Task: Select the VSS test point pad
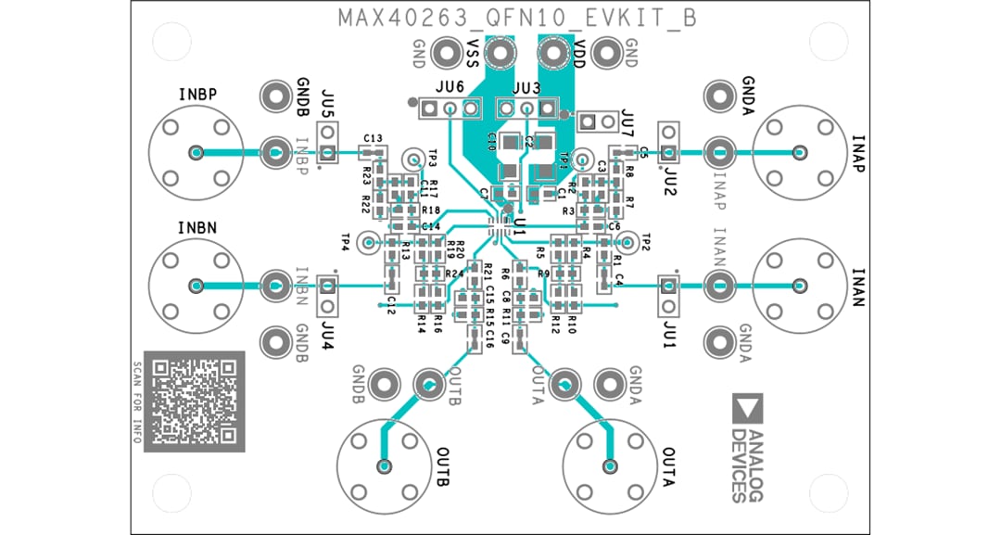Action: tap(500, 54)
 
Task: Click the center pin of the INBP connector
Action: tap(196, 153)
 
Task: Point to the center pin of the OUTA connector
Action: tap(610, 465)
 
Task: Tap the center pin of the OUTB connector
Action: tap(383, 465)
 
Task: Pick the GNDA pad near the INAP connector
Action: tap(720, 95)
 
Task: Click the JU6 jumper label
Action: tap(450, 86)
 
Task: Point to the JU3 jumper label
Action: tap(526, 86)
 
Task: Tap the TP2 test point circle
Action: tap(629, 243)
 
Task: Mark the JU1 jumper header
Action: tap(668, 295)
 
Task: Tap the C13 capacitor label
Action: tap(373, 137)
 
